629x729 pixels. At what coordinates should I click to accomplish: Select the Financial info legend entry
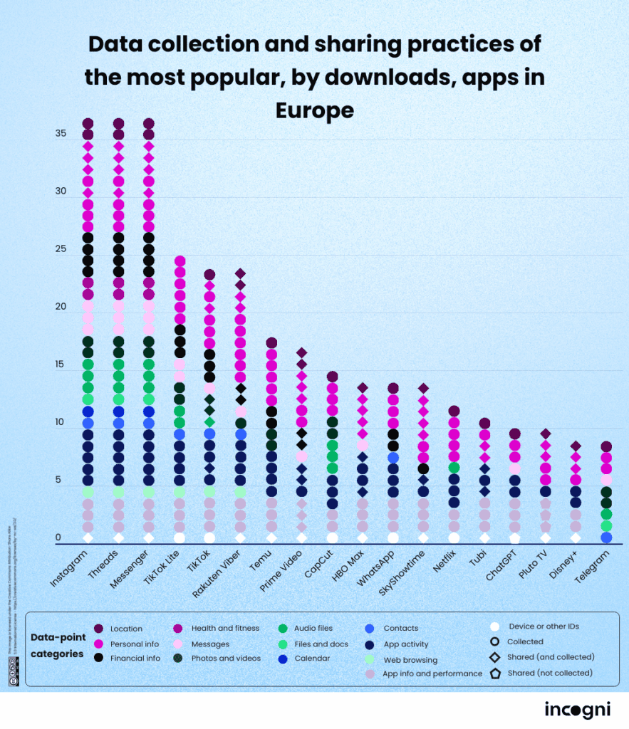tap(135, 659)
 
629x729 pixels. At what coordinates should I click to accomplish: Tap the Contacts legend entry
tap(400, 629)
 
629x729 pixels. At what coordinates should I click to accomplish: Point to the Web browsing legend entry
tap(410, 660)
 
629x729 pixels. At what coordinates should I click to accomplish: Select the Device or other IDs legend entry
tap(543, 626)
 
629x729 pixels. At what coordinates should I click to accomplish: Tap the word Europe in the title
tap(314, 110)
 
